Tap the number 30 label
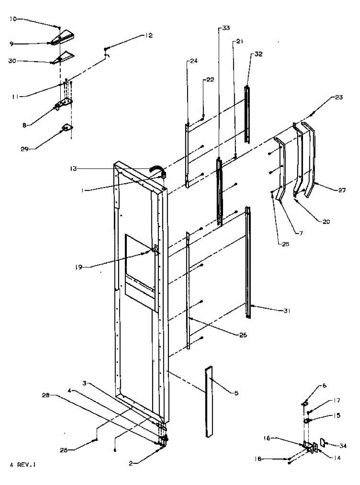pos(13,61)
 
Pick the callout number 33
pos(225,28)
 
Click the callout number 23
pos(339,97)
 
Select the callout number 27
pos(342,190)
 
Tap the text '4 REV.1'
pos(23,465)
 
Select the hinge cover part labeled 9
pos(63,39)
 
